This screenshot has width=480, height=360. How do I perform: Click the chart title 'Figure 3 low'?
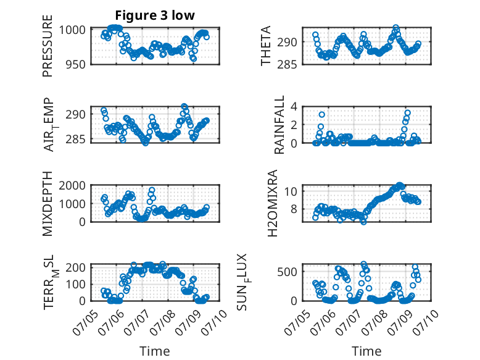tap(155, 15)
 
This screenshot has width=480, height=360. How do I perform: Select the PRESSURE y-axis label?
tap(48, 46)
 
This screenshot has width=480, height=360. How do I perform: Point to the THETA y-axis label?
tap(266, 46)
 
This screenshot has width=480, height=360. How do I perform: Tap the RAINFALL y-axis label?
tap(279, 125)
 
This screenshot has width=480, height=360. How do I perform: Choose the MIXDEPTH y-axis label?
tap(48, 204)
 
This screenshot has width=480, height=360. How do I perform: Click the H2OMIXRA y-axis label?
tap(272, 203)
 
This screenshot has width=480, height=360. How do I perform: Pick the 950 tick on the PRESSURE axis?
tap(76, 65)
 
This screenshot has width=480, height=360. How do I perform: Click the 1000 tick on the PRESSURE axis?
tap(72, 30)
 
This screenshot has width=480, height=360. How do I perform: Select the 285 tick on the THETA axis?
tap(287, 65)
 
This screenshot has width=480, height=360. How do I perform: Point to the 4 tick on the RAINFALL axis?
tap(294, 107)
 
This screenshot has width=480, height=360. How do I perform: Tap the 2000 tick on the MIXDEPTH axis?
tap(72, 185)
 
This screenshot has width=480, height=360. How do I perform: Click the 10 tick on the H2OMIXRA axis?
tap(291, 191)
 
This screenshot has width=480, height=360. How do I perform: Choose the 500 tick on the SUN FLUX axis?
tap(287, 272)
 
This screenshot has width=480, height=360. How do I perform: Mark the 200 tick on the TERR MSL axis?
tap(76, 267)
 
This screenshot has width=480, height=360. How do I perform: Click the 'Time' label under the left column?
tap(155, 351)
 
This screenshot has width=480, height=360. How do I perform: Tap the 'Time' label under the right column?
tap(366, 351)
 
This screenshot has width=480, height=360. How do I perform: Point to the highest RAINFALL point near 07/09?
tap(407, 113)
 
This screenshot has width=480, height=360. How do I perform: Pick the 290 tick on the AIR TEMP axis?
tap(76, 114)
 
